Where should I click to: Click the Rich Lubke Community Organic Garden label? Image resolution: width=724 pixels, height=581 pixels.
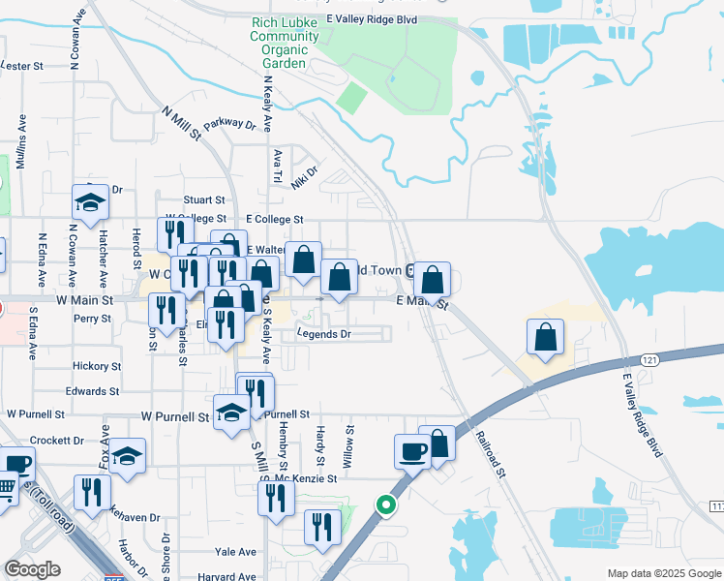[x=285, y=43]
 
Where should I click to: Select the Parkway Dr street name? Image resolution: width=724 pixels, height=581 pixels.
[x=229, y=124]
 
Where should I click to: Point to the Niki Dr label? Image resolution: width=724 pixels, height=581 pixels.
[x=304, y=175]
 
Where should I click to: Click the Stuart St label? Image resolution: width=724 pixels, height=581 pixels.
[x=204, y=199]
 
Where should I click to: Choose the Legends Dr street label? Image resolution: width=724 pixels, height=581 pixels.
[x=323, y=334]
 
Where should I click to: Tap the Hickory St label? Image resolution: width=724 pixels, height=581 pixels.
[x=97, y=367]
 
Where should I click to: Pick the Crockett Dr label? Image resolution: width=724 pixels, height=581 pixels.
[x=58, y=440]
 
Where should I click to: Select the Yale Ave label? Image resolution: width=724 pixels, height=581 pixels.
[x=236, y=552]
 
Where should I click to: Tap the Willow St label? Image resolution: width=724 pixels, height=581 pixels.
[x=350, y=440]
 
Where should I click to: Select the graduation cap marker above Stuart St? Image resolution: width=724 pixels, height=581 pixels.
[x=90, y=203]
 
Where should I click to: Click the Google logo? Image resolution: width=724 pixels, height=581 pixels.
[x=32, y=569]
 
